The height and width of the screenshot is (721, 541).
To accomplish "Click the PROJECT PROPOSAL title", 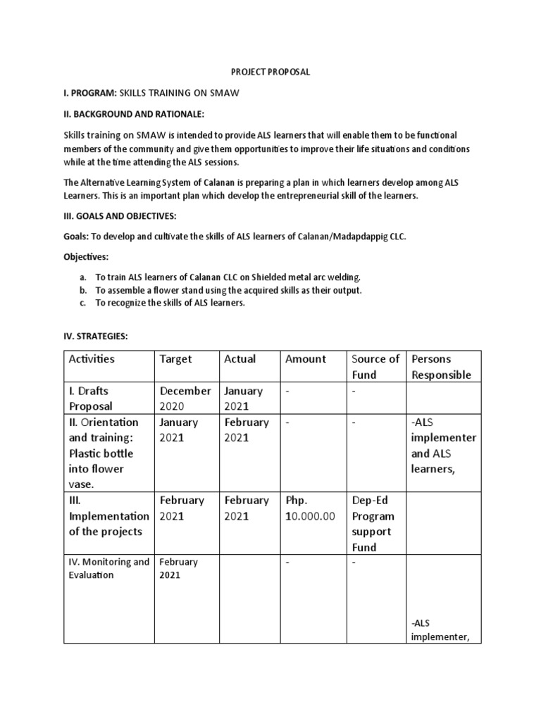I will (271, 72).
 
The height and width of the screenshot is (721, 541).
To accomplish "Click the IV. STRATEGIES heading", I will (96, 337).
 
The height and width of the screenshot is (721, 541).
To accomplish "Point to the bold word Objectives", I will (86, 258).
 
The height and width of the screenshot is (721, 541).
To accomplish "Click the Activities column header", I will (92, 359).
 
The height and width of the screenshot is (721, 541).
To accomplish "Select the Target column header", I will (175, 359).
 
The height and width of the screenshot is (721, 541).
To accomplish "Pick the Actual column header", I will (240, 359).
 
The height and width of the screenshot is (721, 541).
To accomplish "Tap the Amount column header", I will (306, 359).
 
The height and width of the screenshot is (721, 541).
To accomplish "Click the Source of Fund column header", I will (375, 367).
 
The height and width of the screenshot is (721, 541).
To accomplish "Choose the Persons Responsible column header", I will (441, 367).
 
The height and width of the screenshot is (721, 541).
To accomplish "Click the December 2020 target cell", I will (185, 399).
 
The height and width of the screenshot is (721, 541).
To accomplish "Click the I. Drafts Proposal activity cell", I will (90, 399).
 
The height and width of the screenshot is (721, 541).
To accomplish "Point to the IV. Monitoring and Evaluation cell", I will (108, 569).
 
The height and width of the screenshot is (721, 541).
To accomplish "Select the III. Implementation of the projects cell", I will (108, 516).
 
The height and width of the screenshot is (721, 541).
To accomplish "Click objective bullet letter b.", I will (83, 290).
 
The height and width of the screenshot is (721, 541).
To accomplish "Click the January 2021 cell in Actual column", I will (243, 399).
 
